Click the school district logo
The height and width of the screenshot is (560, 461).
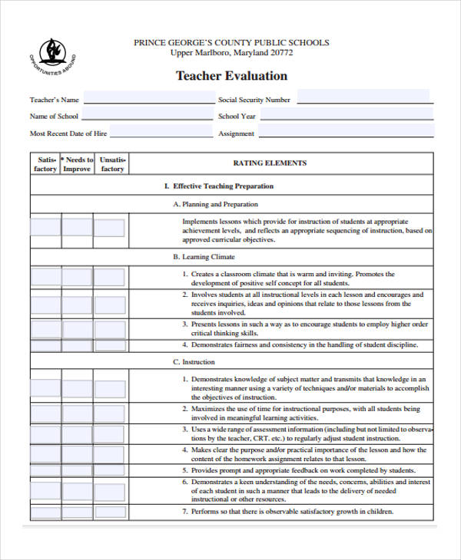51,55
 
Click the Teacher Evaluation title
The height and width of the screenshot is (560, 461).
231,76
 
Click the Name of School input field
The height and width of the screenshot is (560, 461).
149,117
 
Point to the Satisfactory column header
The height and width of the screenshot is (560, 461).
45,164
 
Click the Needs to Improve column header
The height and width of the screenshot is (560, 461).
77,164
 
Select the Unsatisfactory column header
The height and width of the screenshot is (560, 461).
111,164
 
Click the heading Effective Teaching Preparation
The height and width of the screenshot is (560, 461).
219,186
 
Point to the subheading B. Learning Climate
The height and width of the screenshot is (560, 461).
204,257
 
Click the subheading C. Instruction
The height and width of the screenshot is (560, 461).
194,362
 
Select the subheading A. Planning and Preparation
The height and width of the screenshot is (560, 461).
215,205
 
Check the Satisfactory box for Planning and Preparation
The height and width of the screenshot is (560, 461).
45,228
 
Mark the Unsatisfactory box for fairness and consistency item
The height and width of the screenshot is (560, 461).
109,346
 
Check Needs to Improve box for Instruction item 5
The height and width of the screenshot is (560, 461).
77,470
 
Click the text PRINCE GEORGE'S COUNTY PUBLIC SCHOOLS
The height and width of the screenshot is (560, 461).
231,42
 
